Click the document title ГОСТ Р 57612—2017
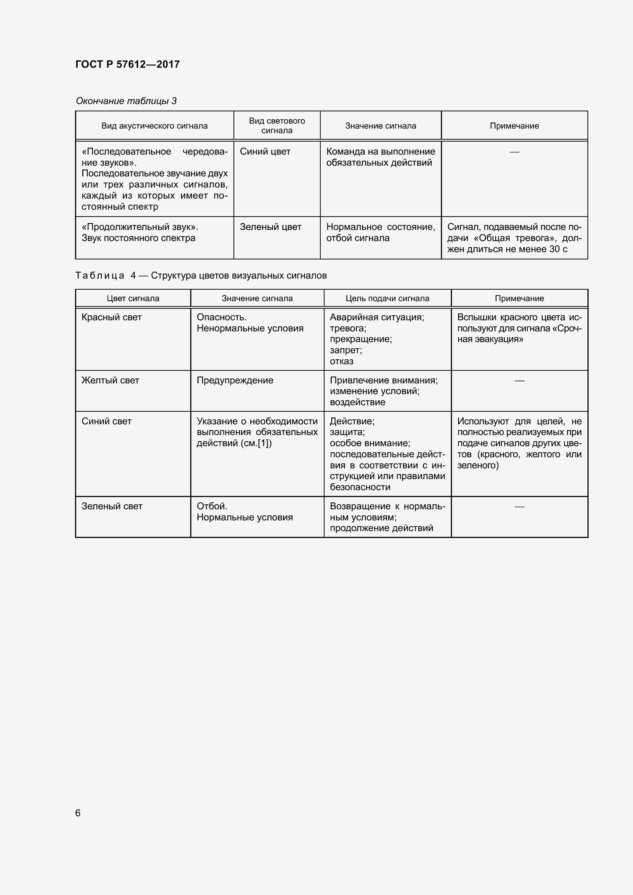(127, 64)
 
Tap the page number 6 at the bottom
(78, 812)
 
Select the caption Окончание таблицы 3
(126, 101)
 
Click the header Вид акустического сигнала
(154, 126)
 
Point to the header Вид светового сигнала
(277, 126)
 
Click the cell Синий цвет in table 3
(265, 152)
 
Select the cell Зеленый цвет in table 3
(271, 227)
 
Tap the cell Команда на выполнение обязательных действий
(380, 157)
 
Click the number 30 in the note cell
(555, 249)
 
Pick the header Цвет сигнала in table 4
(133, 298)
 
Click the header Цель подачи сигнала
(387, 298)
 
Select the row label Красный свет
(111, 317)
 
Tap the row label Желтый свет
(110, 380)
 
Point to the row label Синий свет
(106, 421)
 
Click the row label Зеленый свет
(112, 506)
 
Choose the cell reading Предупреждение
(235, 380)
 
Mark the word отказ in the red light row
(341, 361)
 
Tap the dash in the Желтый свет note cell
(519, 380)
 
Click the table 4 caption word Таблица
(100, 276)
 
